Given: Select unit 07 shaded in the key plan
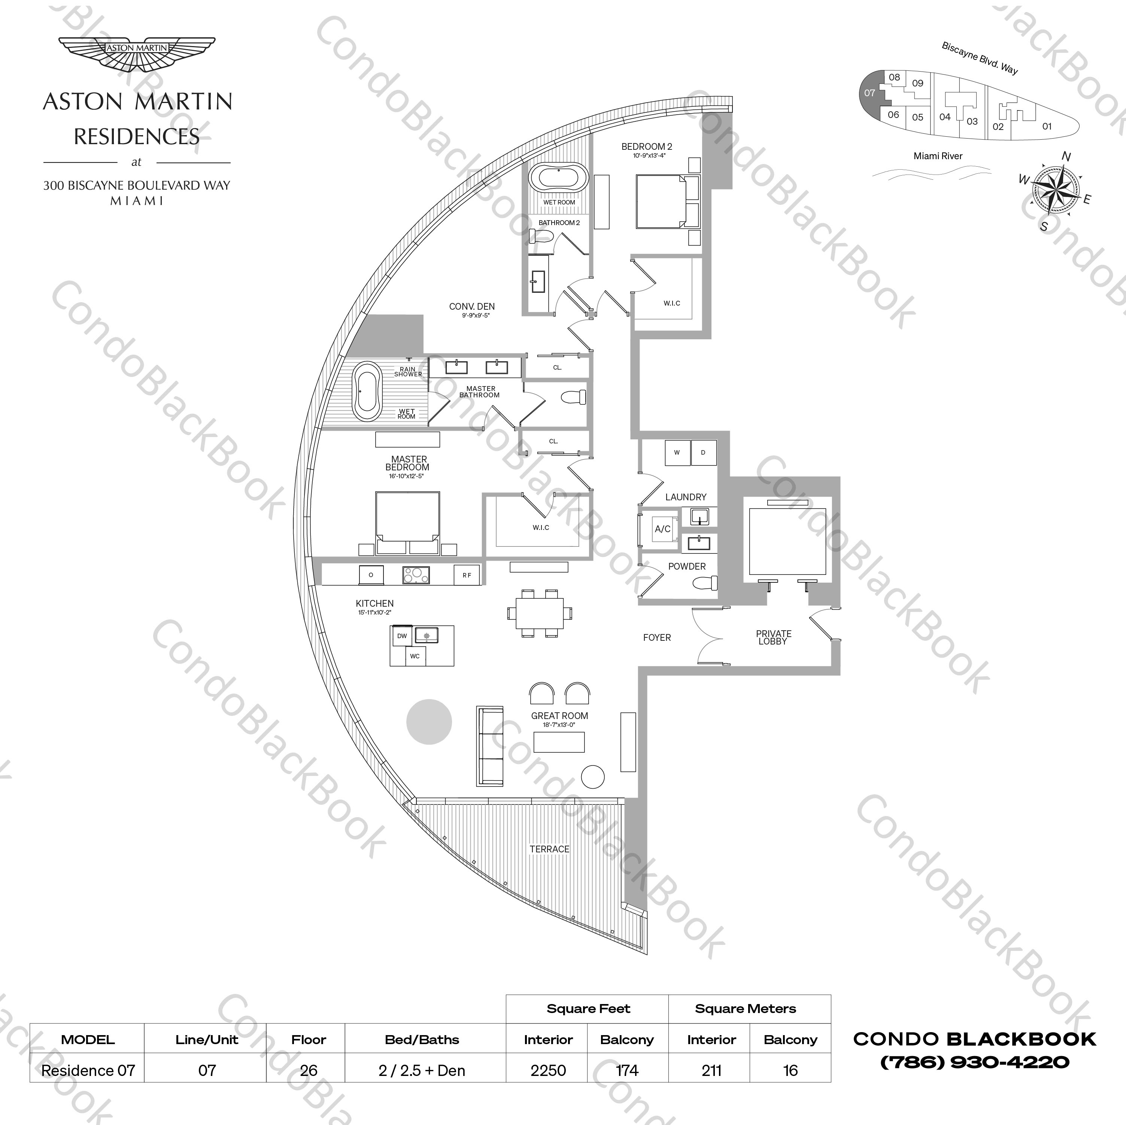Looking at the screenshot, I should [869, 93].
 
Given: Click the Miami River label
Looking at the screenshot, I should [938, 156].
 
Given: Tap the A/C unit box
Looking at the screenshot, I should [663, 529].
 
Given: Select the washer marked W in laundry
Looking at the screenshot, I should [677, 453].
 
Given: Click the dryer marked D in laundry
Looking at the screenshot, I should [703, 453].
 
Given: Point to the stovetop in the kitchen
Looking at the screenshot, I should [416, 575].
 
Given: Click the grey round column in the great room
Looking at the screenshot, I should [429, 722].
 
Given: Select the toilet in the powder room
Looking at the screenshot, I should [707, 583].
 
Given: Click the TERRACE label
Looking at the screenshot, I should [549, 849].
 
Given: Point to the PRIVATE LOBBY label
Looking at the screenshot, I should [773, 637].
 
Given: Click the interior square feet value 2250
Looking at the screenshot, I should [548, 1071].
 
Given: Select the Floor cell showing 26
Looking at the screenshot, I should [308, 1071].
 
